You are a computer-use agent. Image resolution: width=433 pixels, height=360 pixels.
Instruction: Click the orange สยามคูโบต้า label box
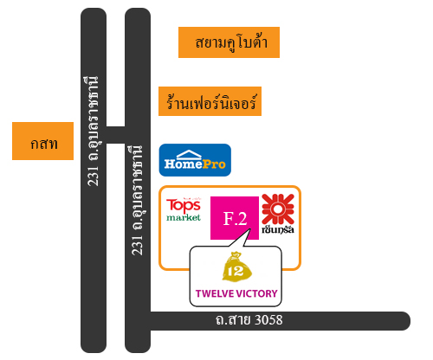pos(229,42)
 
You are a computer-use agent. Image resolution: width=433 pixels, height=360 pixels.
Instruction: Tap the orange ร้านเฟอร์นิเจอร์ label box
pos(210,101)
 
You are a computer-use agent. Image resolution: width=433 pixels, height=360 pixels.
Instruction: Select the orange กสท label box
pos(42,141)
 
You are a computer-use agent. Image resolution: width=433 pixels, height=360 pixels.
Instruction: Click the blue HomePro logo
pos(195,160)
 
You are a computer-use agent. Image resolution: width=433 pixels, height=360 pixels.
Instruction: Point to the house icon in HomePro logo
pos(189,155)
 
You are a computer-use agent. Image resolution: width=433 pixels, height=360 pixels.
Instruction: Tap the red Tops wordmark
pos(184,206)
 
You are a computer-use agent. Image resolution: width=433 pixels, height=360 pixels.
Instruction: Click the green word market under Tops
pos(184,217)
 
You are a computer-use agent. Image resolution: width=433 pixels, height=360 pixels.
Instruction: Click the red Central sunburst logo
pos(278,209)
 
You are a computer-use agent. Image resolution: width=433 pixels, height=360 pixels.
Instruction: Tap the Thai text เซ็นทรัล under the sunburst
pos(278,229)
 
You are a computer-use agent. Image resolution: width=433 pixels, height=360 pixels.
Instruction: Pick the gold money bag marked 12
pos(236,267)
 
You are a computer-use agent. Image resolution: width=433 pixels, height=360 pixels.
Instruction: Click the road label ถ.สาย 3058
pos(249,320)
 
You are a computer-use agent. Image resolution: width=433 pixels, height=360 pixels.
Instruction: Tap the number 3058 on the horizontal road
pos(269,320)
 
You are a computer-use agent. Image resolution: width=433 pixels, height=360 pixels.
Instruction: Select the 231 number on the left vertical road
pos(94,177)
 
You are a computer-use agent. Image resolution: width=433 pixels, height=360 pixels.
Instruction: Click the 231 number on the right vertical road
pos(138,245)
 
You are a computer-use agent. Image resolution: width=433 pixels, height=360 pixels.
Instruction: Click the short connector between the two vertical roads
pos(115,135)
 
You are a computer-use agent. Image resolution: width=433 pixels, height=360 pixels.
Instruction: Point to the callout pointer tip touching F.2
pos(250,228)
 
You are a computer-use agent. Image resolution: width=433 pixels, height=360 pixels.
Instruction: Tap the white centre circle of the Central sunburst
pos(278,209)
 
